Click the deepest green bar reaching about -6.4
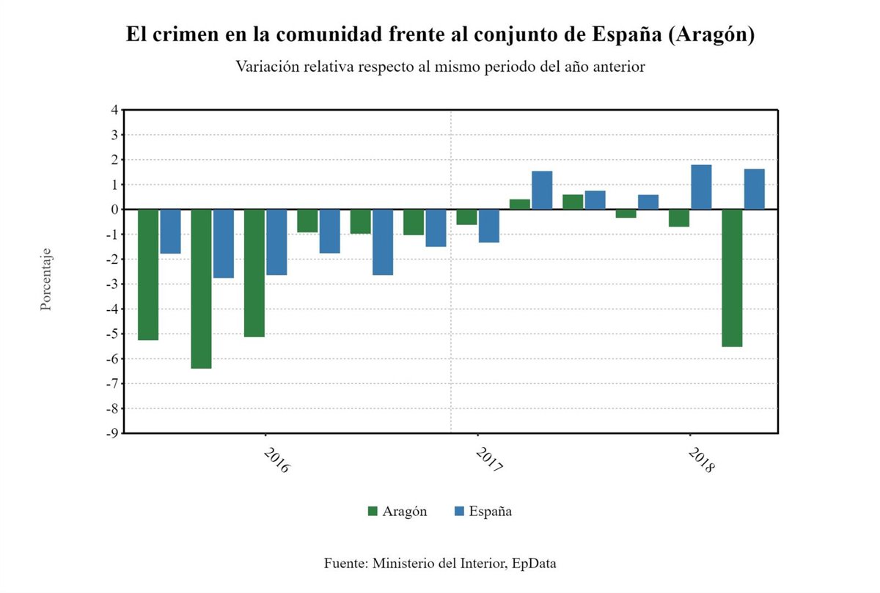coord(202,288)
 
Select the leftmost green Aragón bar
coord(148,274)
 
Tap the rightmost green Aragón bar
coord(732,277)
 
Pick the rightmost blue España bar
coord(754,189)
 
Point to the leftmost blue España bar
coord(170,231)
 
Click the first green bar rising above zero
coord(519,204)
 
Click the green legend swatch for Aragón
coord(373,511)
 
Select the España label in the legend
coord(490,511)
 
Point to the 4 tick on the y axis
coord(114,110)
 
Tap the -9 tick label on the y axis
coord(112,433)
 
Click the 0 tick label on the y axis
coord(114,210)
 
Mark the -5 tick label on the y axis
coord(112,334)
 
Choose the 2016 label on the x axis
coord(275,460)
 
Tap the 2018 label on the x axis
coord(701,460)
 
